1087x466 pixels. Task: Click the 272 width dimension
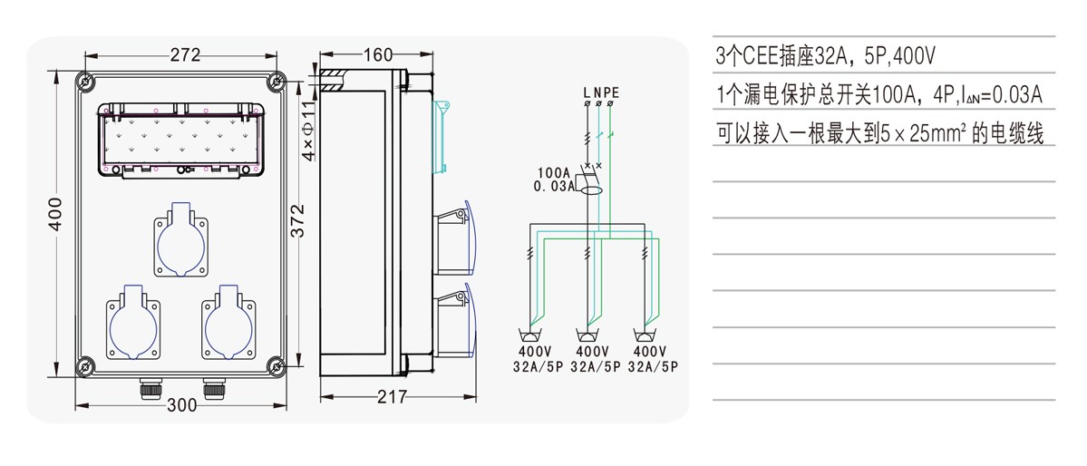(x=185, y=55)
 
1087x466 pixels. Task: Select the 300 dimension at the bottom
(x=182, y=405)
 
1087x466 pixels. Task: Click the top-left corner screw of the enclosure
(x=85, y=82)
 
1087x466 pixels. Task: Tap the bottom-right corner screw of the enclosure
(x=275, y=366)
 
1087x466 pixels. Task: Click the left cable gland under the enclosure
(x=146, y=389)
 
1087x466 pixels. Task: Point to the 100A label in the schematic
(x=553, y=172)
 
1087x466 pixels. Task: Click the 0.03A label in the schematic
(x=556, y=187)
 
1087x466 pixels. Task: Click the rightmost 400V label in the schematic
(x=651, y=352)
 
